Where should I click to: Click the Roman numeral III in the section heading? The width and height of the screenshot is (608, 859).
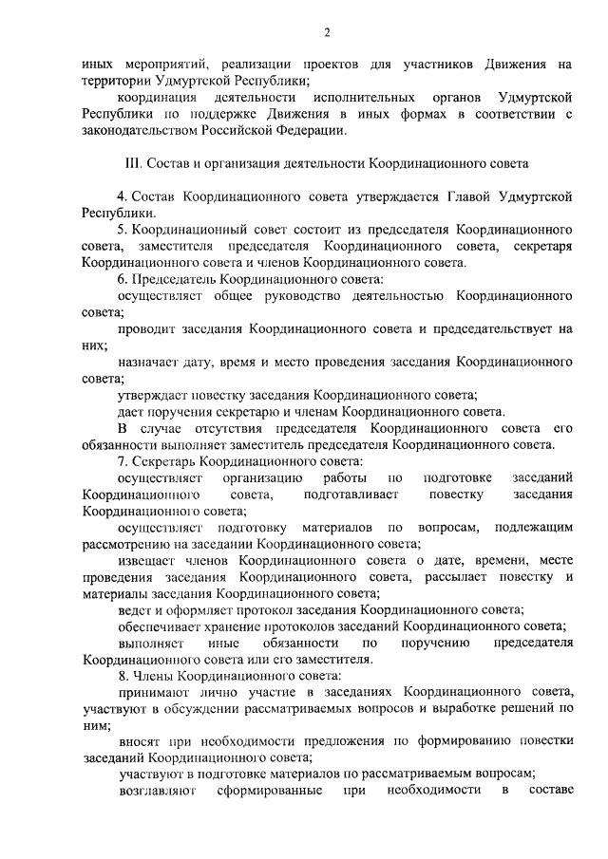pyautogui.click(x=133, y=163)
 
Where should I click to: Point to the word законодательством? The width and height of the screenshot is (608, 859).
pyautogui.click(x=140, y=130)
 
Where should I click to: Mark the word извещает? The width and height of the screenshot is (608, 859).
pyautogui.click(x=144, y=559)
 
